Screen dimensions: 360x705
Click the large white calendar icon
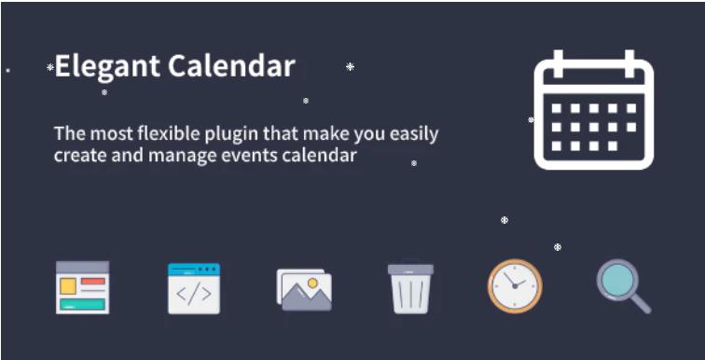[x=593, y=112]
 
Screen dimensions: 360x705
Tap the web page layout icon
[x=82, y=287]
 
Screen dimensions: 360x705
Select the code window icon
[x=194, y=288]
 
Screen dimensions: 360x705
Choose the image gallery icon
[x=304, y=288]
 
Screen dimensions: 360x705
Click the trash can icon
[x=410, y=288]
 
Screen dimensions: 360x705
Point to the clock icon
[x=515, y=286]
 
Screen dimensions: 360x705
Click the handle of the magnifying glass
[x=641, y=303]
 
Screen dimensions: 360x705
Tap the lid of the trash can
[x=410, y=270]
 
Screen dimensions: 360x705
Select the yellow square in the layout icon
[x=68, y=286]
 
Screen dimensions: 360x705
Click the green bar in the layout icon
[x=82, y=304]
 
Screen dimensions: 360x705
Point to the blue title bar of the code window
[x=194, y=269]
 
